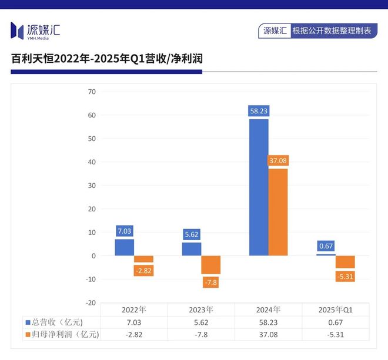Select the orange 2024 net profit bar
pos(278,211)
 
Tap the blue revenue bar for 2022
pos(124,247)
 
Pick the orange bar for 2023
pos(210,265)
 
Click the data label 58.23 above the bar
pos(259,110)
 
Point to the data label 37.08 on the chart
pos(278,160)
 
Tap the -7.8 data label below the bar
pos(210,282)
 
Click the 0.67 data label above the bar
pos(326,246)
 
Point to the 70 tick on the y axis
pos(91,92)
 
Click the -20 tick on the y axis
pos(90,302)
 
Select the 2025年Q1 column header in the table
pos(335,309)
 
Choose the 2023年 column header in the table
pos(201,309)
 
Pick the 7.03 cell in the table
pos(134,322)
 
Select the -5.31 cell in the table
pos(335,335)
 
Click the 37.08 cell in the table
pos(268,335)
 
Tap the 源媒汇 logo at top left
pos(36,31)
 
